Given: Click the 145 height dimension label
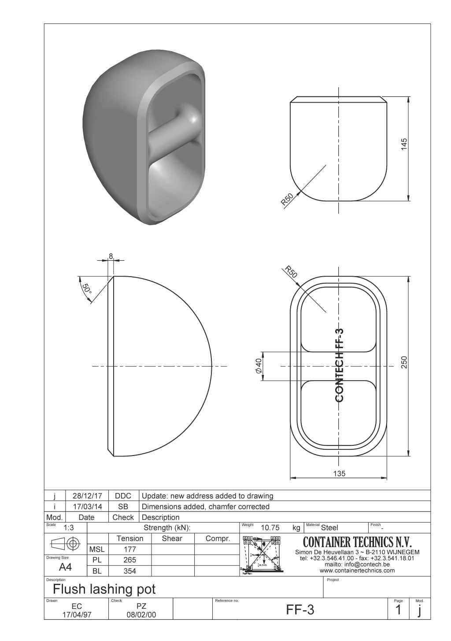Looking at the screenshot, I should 404,144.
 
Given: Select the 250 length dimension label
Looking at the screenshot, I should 404,362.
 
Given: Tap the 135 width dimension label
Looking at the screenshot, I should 339,474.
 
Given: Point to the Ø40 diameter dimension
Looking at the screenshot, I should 259,365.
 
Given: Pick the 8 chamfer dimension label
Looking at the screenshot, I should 111,256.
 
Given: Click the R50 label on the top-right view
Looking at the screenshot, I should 287,200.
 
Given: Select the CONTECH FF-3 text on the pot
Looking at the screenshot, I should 339,365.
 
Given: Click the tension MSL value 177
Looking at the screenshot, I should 130,549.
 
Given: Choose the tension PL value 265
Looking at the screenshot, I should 130,560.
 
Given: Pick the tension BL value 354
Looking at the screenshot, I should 130,571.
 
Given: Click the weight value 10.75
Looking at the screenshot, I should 270,527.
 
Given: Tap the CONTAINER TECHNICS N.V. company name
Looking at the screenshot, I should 357,541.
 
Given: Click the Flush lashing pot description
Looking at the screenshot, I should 104,589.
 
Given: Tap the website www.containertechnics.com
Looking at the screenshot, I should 357,571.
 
